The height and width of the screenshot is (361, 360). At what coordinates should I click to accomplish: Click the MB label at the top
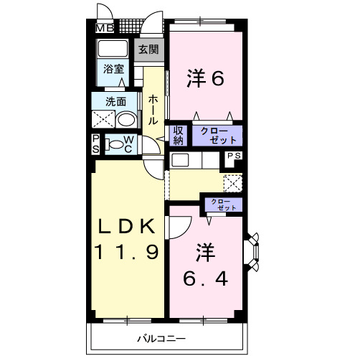[x=105, y=29]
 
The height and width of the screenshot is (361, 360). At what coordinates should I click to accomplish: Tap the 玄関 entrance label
[x=149, y=52]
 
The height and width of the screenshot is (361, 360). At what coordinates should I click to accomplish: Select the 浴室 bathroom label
[x=113, y=70]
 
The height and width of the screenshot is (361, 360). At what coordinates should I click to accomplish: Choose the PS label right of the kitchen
[x=235, y=155]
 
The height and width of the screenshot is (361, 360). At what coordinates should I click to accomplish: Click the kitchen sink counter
[x=180, y=159]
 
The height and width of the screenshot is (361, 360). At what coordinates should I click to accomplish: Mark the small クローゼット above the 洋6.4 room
[x=224, y=204]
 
